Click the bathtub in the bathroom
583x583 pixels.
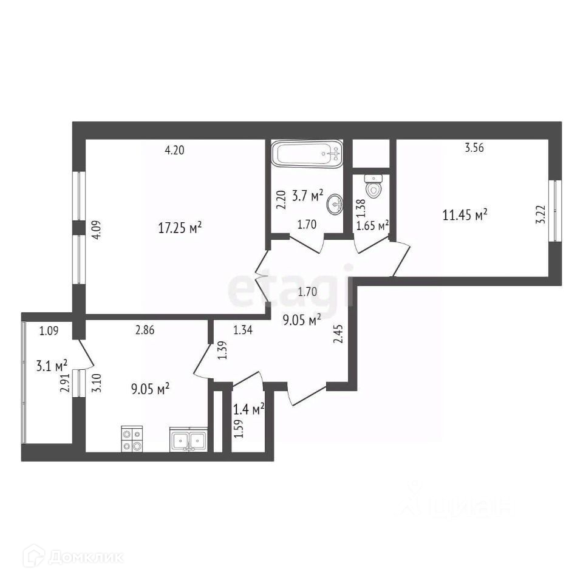click(307, 154)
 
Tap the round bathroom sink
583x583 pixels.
click(335, 205)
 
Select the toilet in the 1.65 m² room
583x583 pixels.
click(374, 186)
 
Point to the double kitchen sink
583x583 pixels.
click(189, 440)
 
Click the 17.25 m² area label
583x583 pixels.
click(180, 228)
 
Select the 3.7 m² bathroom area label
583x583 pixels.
click(309, 196)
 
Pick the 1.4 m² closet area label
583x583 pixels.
click(249, 411)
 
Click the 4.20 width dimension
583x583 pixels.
click(174, 151)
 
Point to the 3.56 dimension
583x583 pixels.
click(474, 147)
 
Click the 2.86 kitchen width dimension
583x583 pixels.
click(146, 330)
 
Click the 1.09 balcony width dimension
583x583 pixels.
click(50, 331)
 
